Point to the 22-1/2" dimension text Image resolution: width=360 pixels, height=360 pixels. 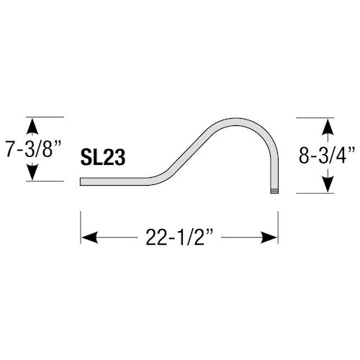[x=179, y=236]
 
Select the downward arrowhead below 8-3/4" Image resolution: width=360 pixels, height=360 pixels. [x=327, y=184]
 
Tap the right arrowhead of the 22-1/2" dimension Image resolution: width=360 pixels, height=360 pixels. [x=271, y=236]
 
